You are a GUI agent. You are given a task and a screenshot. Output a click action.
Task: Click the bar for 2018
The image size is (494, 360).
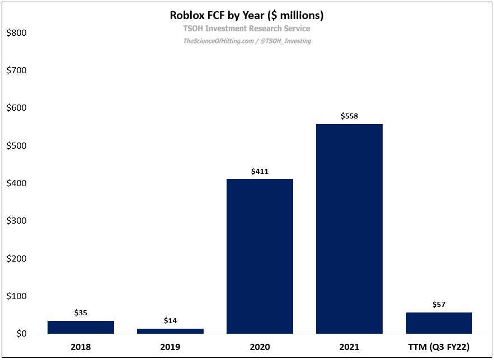coord(81,328)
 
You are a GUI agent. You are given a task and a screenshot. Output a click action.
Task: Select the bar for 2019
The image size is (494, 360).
coord(170,331)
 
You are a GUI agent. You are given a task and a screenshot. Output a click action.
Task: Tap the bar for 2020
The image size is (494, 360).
coord(260,257)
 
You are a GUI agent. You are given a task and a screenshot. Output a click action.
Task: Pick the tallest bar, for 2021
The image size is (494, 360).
coord(349,229)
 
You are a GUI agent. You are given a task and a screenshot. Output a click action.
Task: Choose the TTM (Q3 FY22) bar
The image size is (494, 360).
coord(439,323)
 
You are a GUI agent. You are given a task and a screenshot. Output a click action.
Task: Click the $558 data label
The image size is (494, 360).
coord(349,116)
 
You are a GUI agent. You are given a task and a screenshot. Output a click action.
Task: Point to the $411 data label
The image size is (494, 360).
coord(260,171)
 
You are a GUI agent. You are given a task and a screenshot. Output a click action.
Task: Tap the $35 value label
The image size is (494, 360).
coord(81,313)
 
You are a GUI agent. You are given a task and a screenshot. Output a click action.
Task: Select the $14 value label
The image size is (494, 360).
coord(170,321)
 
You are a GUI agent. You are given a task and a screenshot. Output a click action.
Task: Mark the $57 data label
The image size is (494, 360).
coord(439,305)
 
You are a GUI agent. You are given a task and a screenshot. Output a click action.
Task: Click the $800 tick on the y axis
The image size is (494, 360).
coord(16,33)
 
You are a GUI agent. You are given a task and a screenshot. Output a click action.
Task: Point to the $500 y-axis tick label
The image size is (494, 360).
coord(16,146)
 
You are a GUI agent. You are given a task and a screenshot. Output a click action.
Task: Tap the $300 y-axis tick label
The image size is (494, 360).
coord(16,221)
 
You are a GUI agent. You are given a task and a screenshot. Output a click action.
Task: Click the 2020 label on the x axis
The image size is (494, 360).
coord(260,347)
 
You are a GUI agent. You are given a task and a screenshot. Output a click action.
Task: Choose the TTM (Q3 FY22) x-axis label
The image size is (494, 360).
coord(439,347)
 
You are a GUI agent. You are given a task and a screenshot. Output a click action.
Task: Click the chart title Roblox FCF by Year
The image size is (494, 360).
coord(247,15)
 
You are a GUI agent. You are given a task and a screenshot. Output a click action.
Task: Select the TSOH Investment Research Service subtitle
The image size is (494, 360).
coord(247,29)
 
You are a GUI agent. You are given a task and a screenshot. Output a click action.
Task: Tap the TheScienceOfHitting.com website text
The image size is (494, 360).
coord(218,41)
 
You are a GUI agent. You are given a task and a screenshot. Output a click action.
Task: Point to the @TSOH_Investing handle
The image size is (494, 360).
coord(285,41)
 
